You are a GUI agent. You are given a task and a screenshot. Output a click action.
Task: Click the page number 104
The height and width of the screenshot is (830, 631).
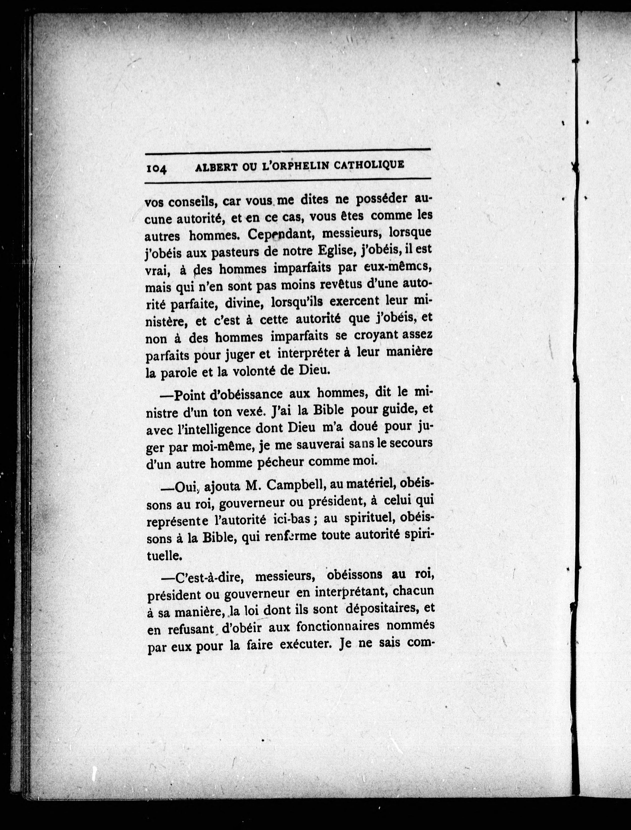point(157,169)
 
